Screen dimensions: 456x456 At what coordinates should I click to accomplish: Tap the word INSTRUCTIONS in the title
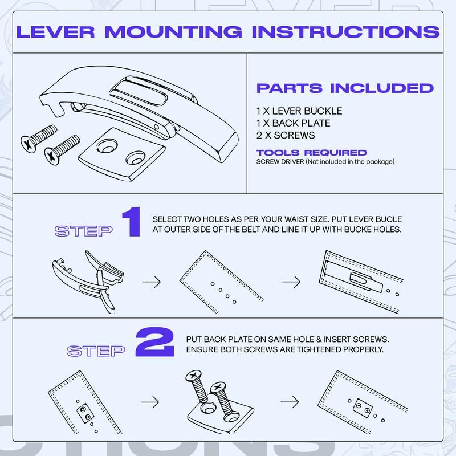pos(345,31)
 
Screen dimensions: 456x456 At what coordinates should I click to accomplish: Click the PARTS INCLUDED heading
pos(345,88)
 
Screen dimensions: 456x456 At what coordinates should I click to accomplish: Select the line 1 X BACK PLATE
pos(293,123)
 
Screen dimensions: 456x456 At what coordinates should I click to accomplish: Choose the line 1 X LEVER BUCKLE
pos(299,111)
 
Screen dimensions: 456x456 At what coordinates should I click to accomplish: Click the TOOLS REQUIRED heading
pos(311,153)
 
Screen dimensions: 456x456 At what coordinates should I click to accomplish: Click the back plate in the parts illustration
pos(120,157)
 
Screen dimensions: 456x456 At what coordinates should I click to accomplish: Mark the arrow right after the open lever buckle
pos(150,281)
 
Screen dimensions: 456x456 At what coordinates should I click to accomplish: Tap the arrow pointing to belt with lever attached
pos(290,281)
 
